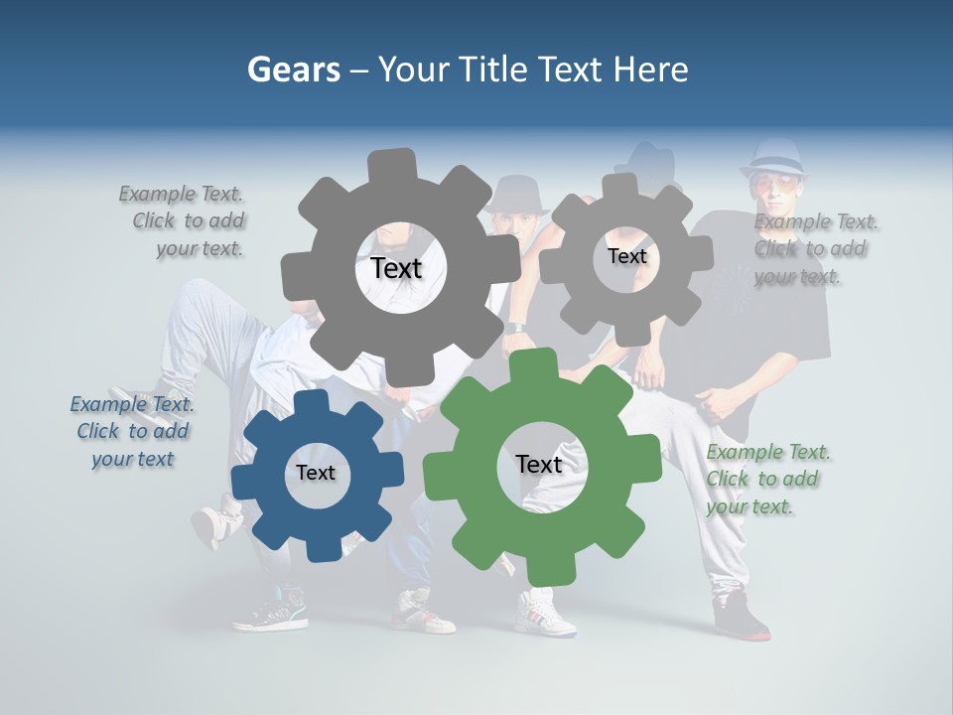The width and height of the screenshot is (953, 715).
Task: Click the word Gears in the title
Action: click(x=294, y=70)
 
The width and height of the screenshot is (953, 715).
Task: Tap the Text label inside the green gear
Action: click(x=539, y=464)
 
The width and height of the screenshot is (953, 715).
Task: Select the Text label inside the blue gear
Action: click(x=316, y=473)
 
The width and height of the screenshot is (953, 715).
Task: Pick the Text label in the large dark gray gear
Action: click(x=396, y=268)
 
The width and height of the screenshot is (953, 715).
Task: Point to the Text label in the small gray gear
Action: click(x=626, y=256)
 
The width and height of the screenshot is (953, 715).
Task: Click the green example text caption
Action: click(x=768, y=480)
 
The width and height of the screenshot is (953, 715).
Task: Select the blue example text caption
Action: click(x=132, y=432)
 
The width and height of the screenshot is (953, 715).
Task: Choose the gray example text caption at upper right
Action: click(x=814, y=248)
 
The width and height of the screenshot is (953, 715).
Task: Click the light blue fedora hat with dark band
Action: click(x=772, y=156)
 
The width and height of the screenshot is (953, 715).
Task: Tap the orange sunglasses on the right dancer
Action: click(x=772, y=184)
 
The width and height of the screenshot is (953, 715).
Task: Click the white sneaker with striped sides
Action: click(x=544, y=611)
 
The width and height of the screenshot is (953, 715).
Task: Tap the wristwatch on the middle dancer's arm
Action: click(x=513, y=327)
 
